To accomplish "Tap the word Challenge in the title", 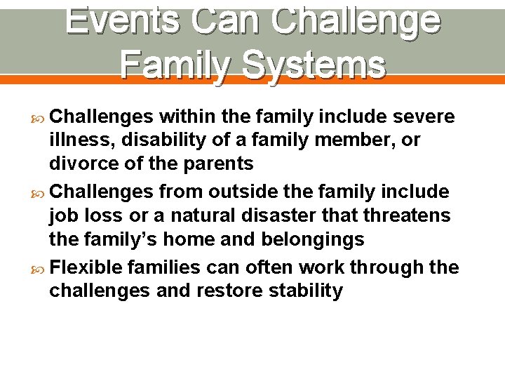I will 356,20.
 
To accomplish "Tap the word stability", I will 308,291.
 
